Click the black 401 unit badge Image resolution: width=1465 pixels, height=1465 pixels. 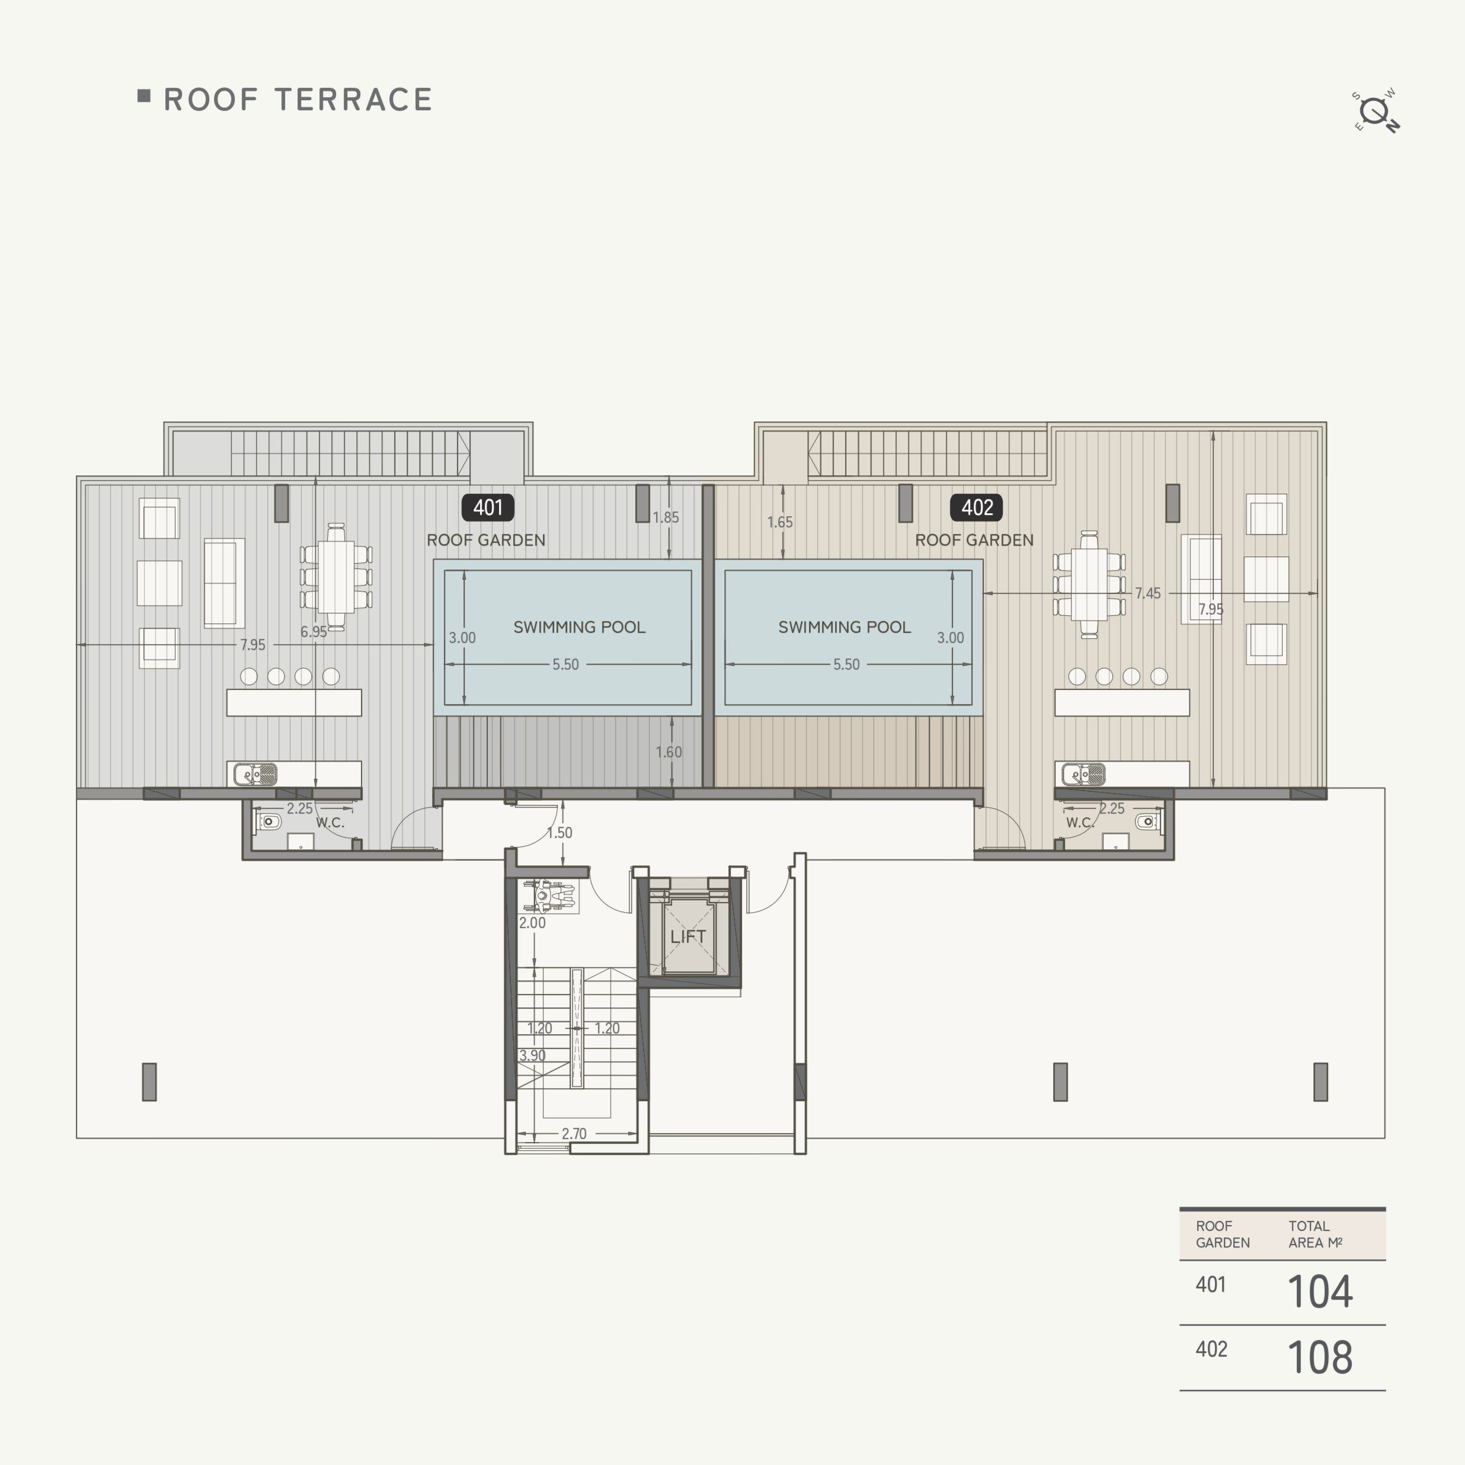[488, 507]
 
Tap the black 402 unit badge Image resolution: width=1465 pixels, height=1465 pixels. [976, 507]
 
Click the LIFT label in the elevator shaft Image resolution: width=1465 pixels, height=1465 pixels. [688, 936]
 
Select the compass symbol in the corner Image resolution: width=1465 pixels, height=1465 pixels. [1376, 112]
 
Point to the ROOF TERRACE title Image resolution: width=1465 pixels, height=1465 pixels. [298, 100]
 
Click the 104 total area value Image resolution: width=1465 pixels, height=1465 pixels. [1319, 1292]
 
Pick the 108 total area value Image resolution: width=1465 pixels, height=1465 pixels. [1319, 1357]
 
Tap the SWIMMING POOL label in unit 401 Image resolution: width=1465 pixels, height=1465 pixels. [580, 627]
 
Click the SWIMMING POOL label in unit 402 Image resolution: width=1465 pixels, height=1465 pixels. [844, 627]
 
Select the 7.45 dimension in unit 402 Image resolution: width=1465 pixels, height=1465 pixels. [1147, 593]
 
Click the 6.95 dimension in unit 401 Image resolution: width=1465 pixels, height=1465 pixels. [313, 632]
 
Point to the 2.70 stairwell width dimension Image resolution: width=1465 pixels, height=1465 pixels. [574, 1134]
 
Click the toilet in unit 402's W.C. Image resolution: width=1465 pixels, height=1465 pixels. [1148, 821]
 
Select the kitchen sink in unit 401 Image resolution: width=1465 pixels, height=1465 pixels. [255, 774]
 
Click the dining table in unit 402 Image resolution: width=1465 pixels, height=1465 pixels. [1089, 584]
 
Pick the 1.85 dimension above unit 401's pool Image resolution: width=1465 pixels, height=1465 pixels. [666, 517]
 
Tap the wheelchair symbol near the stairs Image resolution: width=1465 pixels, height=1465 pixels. [548, 896]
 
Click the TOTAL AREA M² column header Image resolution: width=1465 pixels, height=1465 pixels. [1315, 1234]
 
